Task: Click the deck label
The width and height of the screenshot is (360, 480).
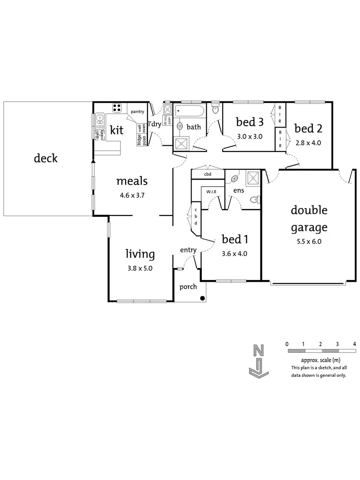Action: coord(46,158)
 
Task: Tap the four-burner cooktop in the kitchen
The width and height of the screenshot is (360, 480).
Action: coord(117,107)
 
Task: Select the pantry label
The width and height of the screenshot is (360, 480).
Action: coord(137,112)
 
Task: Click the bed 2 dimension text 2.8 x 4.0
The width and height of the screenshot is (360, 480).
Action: coord(308,143)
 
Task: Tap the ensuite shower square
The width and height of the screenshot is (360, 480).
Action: coord(252,178)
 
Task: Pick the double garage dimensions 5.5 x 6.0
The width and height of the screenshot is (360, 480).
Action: coord(309,242)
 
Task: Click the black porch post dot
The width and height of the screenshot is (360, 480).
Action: coord(203,298)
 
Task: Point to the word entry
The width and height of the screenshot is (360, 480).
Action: coord(188,250)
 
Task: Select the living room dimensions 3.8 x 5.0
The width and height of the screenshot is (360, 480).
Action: coord(140,268)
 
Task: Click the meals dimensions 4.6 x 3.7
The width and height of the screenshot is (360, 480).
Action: coord(132,195)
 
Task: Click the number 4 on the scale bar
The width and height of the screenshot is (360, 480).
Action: coord(354,344)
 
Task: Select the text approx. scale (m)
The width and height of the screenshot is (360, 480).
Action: coord(318,360)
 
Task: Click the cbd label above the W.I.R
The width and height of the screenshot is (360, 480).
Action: coord(207,174)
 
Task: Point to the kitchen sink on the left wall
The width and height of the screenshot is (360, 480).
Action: coord(101,119)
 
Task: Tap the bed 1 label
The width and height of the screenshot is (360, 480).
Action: coord(235,240)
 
